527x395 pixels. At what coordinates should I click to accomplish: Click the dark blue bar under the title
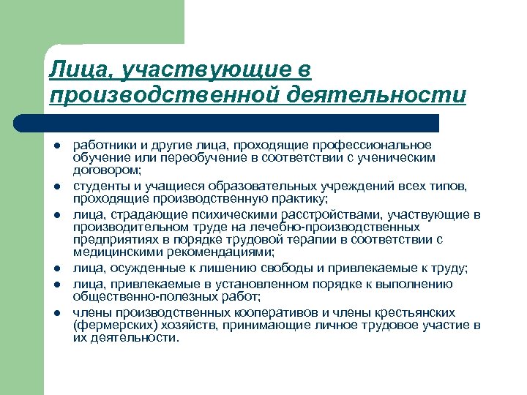point(242,122)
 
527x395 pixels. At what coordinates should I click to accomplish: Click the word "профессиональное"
point(381,145)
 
